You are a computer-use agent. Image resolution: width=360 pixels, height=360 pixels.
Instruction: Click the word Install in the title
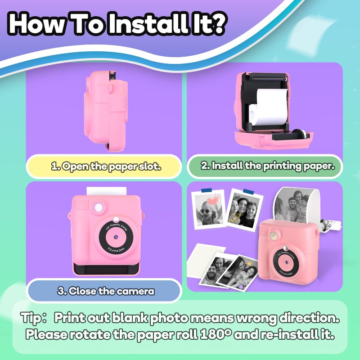click(148, 23)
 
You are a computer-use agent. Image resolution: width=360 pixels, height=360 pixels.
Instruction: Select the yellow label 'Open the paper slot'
click(104, 166)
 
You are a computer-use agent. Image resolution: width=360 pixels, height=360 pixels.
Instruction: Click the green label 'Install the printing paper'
click(265, 166)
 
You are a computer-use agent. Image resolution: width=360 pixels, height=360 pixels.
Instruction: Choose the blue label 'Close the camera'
click(104, 291)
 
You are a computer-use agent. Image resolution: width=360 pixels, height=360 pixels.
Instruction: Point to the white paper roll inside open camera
click(268, 108)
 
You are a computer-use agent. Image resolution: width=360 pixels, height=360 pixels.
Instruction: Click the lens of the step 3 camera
click(116, 237)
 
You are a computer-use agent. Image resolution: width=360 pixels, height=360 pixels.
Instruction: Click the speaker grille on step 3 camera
click(81, 205)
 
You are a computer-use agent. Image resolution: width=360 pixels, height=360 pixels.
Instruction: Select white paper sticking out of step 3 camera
click(106, 191)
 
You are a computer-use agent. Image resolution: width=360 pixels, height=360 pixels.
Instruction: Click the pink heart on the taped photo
click(213, 200)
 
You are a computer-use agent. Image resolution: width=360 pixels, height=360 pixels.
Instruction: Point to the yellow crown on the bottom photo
click(249, 263)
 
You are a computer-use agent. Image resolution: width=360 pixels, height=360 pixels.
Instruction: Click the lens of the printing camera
click(286, 262)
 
